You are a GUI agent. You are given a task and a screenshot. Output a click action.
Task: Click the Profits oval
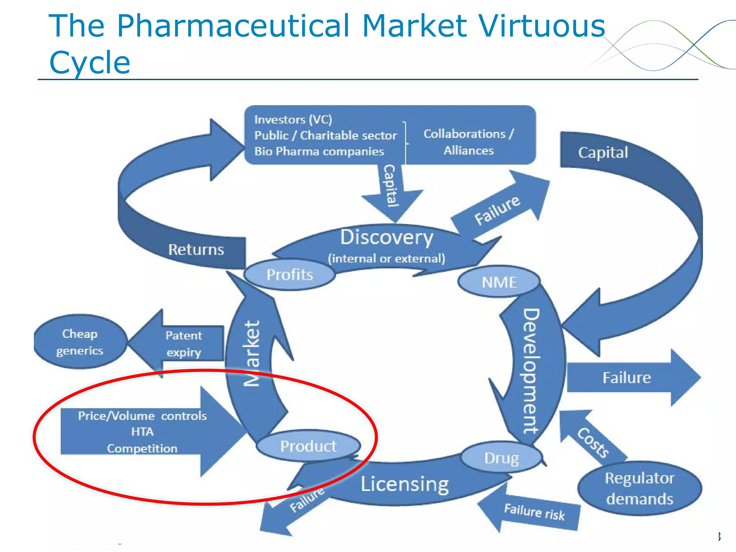tap(290, 275)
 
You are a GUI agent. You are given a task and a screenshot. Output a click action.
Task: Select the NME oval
tap(499, 282)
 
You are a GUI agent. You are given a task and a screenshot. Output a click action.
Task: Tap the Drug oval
tap(501, 458)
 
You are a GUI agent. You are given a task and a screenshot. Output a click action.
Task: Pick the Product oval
tap(308, 446)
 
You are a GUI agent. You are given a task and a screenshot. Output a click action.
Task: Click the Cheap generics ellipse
tap(80, 342)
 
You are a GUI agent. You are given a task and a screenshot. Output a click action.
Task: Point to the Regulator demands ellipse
tap(639, 488)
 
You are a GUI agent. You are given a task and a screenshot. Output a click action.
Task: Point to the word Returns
tap(196, 249)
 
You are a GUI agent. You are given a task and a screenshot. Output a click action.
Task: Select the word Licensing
tap(405, 484)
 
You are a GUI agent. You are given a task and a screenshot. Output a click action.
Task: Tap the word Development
tap(530, 370)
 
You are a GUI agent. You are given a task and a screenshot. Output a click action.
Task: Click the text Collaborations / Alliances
tap(469, 142)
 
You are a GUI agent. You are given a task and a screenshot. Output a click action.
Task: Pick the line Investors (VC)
tap(293, 119)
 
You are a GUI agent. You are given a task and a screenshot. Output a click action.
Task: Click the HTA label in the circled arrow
tap(142, 431)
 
